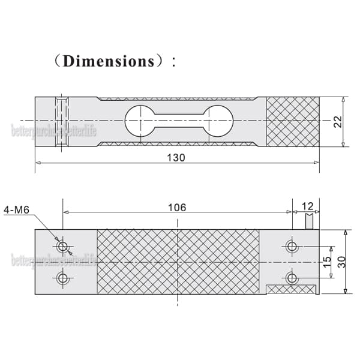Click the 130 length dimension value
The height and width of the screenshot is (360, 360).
pos(176,157)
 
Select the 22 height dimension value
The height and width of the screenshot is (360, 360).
pos(338,122)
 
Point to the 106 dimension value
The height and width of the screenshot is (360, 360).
pos(177,207)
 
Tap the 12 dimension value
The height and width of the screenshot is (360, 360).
pos(307,206)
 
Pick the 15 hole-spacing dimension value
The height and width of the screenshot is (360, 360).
pos(328,262)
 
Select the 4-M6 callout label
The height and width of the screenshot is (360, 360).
pos(16,210)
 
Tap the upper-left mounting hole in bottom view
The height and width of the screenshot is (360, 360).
pos(62,246)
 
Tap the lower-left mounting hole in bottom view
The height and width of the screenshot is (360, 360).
pos(62,278)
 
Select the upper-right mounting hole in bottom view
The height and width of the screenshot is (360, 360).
pos(292,246)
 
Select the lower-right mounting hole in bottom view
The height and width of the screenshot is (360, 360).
pos(292,278)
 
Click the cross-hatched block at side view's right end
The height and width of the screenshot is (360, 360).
pos(292,122)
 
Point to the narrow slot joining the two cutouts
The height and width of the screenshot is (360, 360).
pos(178,120)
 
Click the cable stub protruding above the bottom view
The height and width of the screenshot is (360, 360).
pos(309,223)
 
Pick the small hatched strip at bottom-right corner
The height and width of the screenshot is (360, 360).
pos(290,290)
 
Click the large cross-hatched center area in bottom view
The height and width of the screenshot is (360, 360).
pos(178,262)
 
